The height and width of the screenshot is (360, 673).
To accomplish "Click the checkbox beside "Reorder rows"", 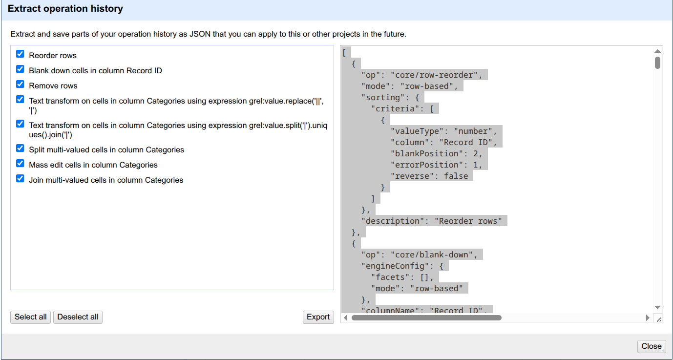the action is pyautogui.click(x=20, y=54).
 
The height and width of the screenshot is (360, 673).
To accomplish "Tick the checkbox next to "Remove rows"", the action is pyautogui.click(x=20, y=85).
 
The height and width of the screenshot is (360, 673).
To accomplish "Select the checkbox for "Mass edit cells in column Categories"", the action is pyautogui.click(x=20, y=164).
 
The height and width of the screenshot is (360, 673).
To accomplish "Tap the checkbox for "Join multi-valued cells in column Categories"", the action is pyautogui.click(x=20, y=179).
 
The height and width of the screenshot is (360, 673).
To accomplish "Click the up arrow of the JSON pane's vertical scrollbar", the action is pyautogui.click(x=657, y=51).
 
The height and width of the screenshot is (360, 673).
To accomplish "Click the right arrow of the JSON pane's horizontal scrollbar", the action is pyautogui.click(x=648, y=318).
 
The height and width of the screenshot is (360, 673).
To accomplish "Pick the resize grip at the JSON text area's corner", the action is pyautogui.click(x=659, y=319).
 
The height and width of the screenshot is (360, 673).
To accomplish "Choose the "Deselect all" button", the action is pyautogui.click(x=78, y=317).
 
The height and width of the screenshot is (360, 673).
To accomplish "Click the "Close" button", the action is pyautogui.click(x=652, y=346).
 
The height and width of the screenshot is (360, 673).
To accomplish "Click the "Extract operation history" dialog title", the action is pyautogui.click(x=65, y=9).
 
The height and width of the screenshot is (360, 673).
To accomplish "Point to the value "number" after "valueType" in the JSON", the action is pyautogui.click(x=473, y=131).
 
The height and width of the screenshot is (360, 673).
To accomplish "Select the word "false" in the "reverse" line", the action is pyautogui.click(x=456, y=176).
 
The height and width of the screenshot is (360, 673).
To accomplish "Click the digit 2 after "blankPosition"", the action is pyautogui.click(x=476, y=153).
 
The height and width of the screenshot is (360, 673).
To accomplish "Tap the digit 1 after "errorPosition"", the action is pyautogui.click(x=476, y=165).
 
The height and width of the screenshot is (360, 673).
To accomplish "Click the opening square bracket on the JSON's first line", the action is pyautogui.click(x=344, y=53).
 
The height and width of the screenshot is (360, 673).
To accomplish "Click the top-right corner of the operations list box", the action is pyautogui.click(x=334, y=45).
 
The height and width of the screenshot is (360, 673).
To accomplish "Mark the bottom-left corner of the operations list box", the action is pyautogui.click(x=11, y=290).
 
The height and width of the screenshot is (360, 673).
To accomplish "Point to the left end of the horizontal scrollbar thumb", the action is pyautogui.click(x=352, y=318).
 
